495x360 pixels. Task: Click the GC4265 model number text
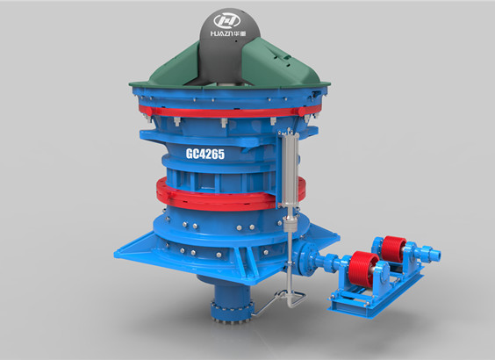205,154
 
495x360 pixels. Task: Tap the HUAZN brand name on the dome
222,33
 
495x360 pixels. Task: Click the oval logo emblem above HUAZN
227,21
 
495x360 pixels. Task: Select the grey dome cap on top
229,47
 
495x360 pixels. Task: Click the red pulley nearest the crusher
363,269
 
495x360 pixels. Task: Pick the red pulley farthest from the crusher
393,249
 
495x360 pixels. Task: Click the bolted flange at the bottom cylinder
232,312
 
